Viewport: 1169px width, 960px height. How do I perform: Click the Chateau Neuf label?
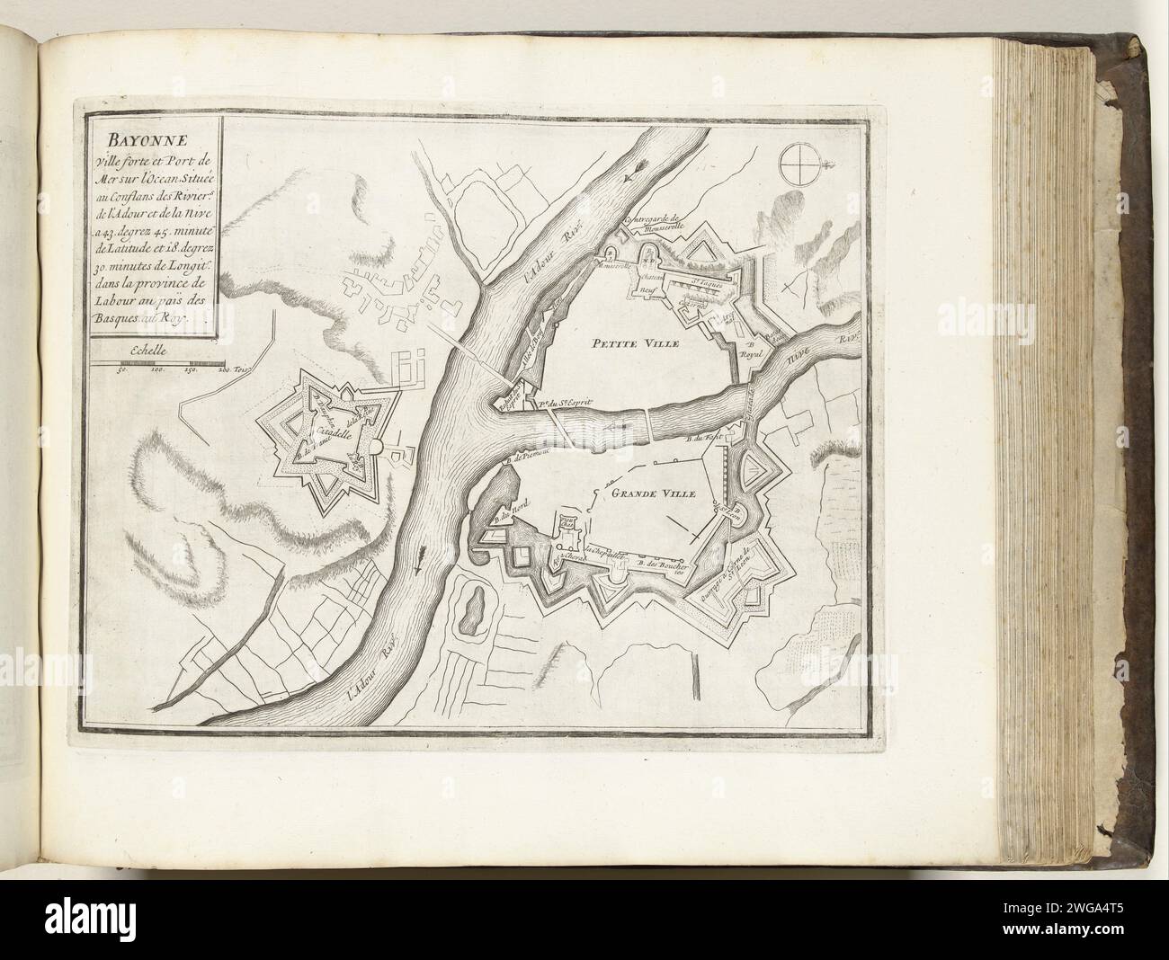(649, 280)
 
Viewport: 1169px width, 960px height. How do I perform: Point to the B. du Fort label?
(699, 440)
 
